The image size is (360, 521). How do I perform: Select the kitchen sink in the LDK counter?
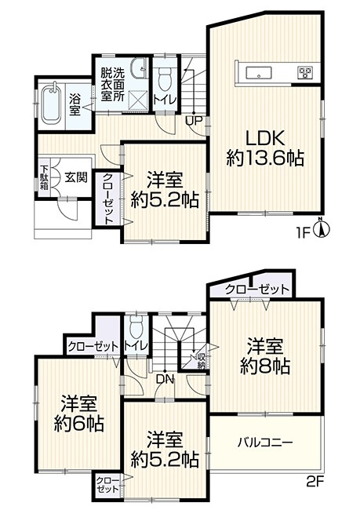click(258, 73)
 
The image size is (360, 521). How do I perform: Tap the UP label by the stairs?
click(193, 121)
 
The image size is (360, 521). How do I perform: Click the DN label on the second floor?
click(165, 380)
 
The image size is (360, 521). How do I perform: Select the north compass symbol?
click(322, 228)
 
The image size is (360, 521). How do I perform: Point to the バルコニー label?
click(265, 443)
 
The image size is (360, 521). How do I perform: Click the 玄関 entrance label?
click(76, 177)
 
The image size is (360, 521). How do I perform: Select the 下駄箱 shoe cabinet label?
click(44, 178)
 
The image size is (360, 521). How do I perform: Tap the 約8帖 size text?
click(264, 366)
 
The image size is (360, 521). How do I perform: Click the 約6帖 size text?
click(79, 424)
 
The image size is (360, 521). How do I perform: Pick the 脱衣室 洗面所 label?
click(113, 85)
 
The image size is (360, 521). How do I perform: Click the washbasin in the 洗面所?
click(139, 68)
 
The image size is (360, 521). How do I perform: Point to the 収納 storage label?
click(202, 361)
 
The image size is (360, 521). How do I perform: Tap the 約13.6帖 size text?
click(265, 158)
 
